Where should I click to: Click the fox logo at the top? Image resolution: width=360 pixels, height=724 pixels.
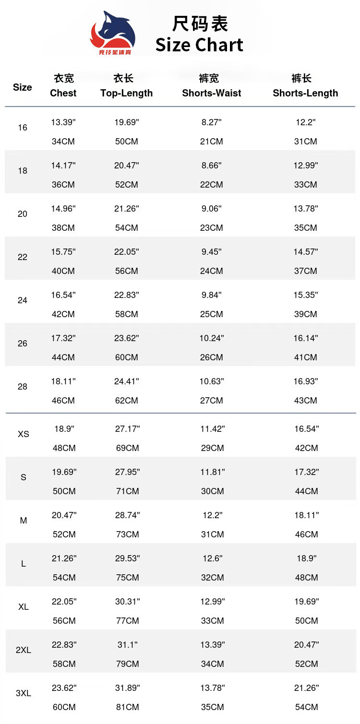pyautogui.click(x=113, y=32)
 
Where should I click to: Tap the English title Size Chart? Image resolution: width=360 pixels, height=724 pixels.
pyautogui.click(x=199, y=45)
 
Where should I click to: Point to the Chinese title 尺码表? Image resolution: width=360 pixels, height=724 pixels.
pyautogui.click(x=200, y=24)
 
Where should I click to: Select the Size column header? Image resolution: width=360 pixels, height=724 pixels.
pyautogui.click(x=23, y=87)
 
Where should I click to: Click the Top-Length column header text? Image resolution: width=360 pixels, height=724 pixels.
pyautogui.click(x=126, y=93)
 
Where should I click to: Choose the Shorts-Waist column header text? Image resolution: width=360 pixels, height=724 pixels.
pyautogui.click(x=212, y=93)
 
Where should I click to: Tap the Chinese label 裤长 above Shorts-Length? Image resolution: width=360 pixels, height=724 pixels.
pyautogui.click(x=302, y=78)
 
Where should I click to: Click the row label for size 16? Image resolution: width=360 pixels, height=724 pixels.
pyautogui.click(x=23, y=128)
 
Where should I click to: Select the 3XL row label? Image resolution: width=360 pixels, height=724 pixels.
pyautogui.click(x=24, y=693)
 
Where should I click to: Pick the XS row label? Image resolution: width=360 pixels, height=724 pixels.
pyautogui.click(x=24, y=434)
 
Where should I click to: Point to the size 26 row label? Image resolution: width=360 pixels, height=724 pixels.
pyautogui.click(x=23, y=344)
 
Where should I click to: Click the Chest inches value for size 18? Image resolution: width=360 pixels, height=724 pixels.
pyautogui.click(x=63, y=166)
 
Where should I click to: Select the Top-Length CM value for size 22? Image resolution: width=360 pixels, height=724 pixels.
pyautogui.click(x=127, y=271)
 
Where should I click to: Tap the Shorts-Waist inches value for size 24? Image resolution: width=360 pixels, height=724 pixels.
pyautogui.click(x=212, y=295)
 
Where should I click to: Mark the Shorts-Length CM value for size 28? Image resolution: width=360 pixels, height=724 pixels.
pyautogui.click(x=306, y=401)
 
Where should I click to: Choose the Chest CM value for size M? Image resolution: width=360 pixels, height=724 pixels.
pyautogui.click(x=64, y=534)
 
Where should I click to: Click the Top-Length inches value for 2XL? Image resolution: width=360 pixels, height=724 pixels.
pyautogui.click(x=128, y=645)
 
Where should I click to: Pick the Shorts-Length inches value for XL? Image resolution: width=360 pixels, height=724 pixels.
pyautogui.click(x=307, y=602)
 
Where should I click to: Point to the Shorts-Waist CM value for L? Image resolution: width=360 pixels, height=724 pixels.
pyautogui.click(x=212, y=578)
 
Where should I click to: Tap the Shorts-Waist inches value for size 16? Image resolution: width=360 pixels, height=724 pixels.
pyautogui.click(x=212, y=122)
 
